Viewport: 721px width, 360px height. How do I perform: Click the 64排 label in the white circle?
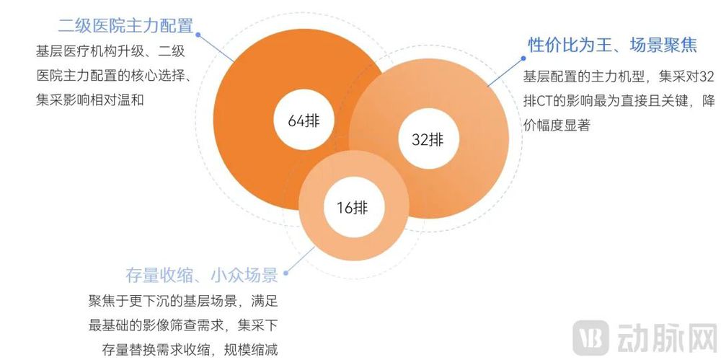click(x=304, y=120)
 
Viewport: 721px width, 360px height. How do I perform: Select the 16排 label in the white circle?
click(x=353, y=208)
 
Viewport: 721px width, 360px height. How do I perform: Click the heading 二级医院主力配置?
click(x=125, y=26)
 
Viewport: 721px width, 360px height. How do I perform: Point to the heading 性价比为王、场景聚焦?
click(x=612, y=45)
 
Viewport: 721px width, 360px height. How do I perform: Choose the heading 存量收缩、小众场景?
click(x=202, y=276)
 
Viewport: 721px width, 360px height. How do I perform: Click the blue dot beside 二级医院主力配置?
click(x=198, y=34)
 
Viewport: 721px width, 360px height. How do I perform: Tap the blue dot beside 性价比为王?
click(x=523, y=58)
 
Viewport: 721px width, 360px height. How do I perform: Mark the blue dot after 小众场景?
click(x=286, y=273)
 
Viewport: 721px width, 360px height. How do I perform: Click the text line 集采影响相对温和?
click(x=90, y=100)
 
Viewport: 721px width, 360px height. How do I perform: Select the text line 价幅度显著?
click(x=557, y=126)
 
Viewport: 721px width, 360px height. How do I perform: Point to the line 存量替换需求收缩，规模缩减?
click(x=190, y=350)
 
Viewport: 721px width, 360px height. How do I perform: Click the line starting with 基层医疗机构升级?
click(x=110, y=51)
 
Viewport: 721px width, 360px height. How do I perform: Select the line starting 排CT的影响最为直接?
click(x=619, y=101)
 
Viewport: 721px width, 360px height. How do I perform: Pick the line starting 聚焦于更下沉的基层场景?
click(x=183, y=302)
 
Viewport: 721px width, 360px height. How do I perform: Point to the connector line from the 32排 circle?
click(x=505, y=72)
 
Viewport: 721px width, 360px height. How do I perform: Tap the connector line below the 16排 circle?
click(x=300, y=260)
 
